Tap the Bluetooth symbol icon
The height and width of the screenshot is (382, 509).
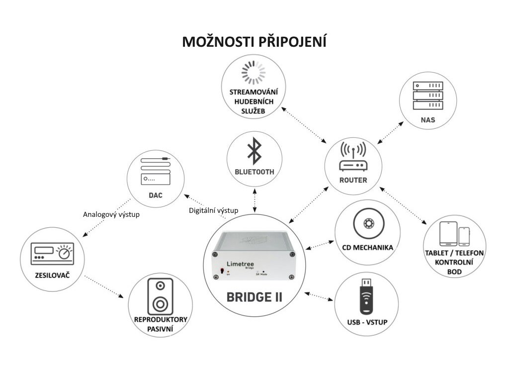click(x=255, y=151)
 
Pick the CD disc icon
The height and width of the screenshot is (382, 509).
click(x=368, y=225)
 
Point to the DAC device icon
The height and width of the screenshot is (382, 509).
click(x=156, y=171)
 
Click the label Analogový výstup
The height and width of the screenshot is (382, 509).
click(x=111, y=215)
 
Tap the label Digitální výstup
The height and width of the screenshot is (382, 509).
click(x=214, y=210)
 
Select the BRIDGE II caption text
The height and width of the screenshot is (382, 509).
click(x=254, y=297)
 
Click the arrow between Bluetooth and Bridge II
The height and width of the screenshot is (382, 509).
click(x=255, y=199)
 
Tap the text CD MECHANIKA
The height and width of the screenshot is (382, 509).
click(x=368, y=247)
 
